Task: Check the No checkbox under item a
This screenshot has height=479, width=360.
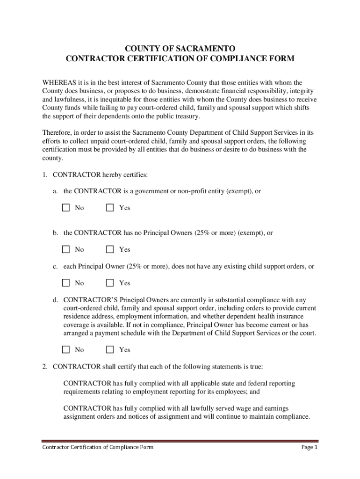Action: click(66, 208)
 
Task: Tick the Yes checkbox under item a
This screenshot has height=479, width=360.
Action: click(110, 208)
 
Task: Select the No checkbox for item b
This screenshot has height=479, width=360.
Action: click(66, 249)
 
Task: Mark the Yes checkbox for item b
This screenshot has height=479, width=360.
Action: click(110, 249)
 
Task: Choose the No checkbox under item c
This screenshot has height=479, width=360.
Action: click(66, 283)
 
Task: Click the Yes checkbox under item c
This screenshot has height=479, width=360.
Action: click(110, 283)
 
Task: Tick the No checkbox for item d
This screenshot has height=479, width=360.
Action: click(66, 349)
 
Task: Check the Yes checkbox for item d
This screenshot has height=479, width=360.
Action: click(110, 349)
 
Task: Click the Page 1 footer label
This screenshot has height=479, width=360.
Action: click(310, 448)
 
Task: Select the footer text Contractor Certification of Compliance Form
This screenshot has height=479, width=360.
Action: click(98, 448)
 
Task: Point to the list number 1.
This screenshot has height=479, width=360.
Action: click(44, 174)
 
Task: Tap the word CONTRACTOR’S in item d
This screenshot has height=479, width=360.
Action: click(90, 299)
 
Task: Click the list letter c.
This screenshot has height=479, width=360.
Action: click(55, 266)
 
